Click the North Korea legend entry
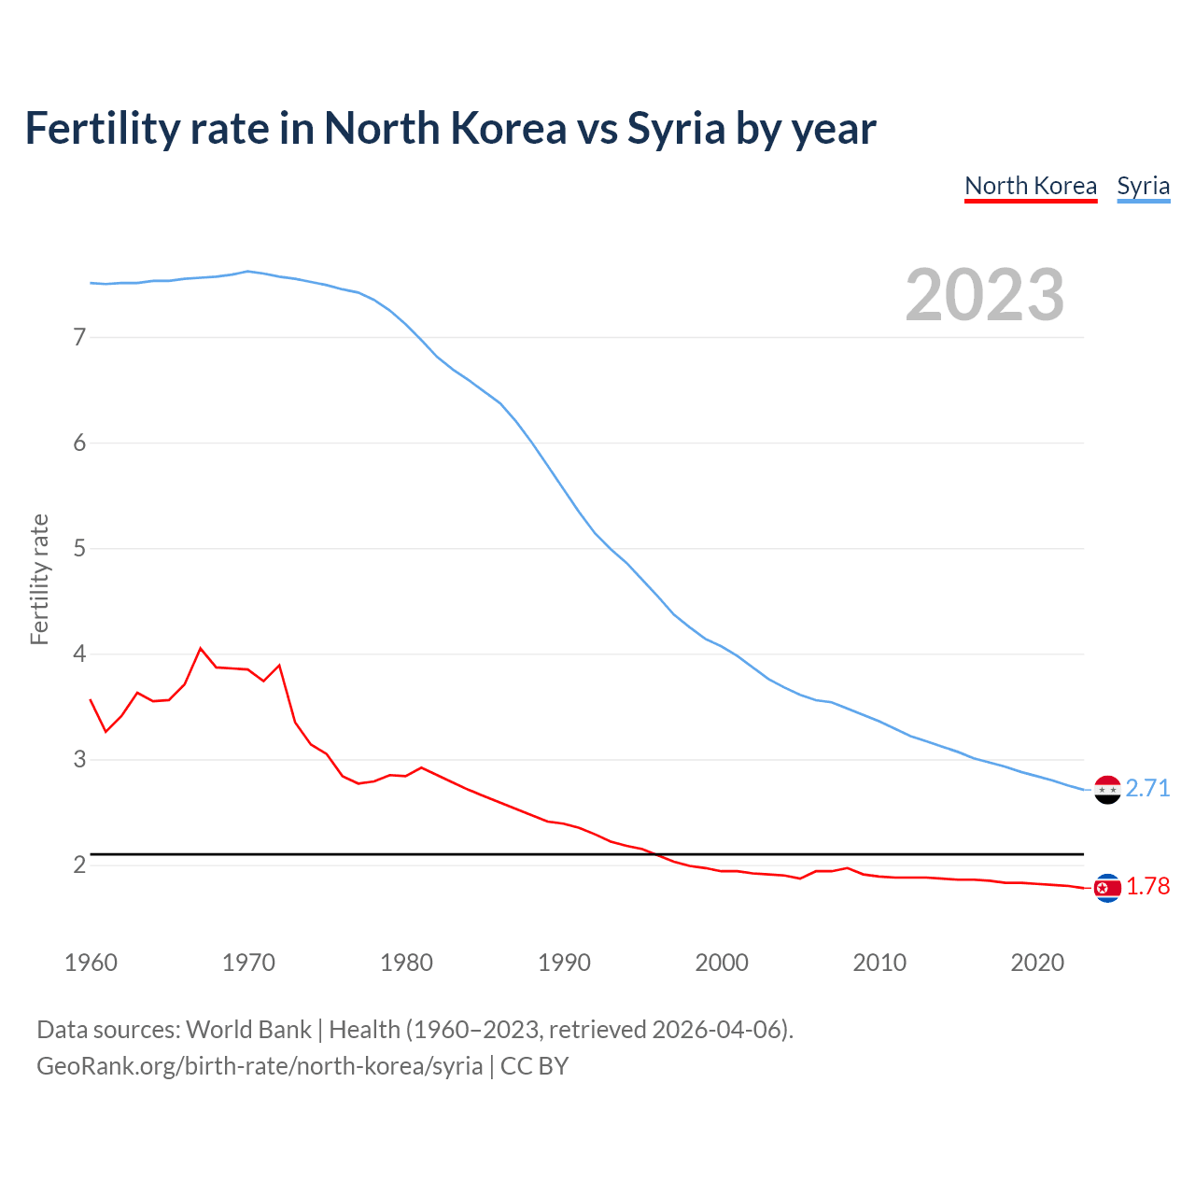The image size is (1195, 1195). pyautogui.click(x=1030, y=186)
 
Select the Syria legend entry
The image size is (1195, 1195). pyautogui.click(x=1143, y=186)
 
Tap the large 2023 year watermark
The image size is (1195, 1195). pyautogui.click(x=984, y=295)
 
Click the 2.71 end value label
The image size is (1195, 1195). pyautogui.click(x=1147, y=788)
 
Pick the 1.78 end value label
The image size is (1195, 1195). pyautogui.click(x=1147, y=886)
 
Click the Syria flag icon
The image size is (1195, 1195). pyautogui.click(x=1107, y=790)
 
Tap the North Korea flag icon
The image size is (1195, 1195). pyautogui.click(x=1107, y=888)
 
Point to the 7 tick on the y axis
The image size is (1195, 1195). pyautogui.click(x=79, y=337)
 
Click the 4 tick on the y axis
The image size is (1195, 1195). pyautogui.click(x=79, y=654)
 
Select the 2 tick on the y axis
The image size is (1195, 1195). pyautogui.click(x=79, y=865)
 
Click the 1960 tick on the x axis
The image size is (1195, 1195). pyautogui.click(x=91, y=963)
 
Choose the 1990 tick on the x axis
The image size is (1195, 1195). pyautogui.click(x=564, y=963)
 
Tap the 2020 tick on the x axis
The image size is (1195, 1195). pyautogui.click(x=1037, y=963)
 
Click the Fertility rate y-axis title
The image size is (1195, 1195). pyautogui.click(x=39, y=579)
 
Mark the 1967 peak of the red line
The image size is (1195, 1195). pyautogui.click(x=201, y=648)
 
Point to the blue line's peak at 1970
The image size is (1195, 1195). pyautogui.click(x=247, y=272)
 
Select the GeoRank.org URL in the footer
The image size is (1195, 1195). pyautogui.click(x=260, y=1065)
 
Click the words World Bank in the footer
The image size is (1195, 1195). pyautogui.click(x=248, y=1029)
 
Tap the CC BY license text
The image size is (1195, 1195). pyautogui.click(x=534, y=1065)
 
